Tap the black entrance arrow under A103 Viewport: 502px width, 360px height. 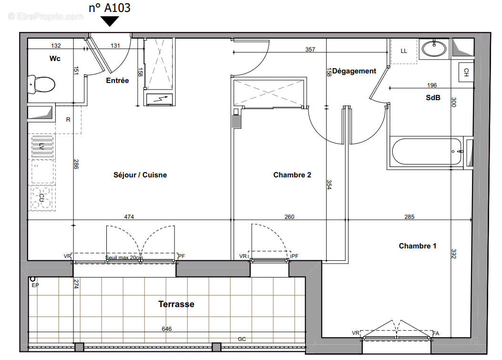(110, 21)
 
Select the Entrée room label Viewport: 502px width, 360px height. (117, 81)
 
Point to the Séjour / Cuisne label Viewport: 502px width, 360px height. (140, 175)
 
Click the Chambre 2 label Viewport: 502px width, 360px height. (292, 175)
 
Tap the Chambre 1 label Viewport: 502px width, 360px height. (417, 246)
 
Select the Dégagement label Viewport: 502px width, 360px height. (354, 71)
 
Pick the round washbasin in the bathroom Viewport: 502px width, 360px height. (434, 48)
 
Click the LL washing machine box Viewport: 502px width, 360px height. (404, 51)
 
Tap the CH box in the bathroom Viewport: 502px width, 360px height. (466, 72)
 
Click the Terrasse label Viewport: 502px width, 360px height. (176, 304)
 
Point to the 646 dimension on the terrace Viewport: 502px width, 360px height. (166, 329)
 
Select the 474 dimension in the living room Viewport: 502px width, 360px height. (129, 217)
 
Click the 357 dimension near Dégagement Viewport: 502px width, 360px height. (310, 49)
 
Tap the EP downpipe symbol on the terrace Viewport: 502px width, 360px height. (32, 279)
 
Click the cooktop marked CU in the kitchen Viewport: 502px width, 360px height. (41, 197)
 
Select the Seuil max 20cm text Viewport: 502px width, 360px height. (123, 258)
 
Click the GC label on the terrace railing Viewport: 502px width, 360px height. (242, 339)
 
